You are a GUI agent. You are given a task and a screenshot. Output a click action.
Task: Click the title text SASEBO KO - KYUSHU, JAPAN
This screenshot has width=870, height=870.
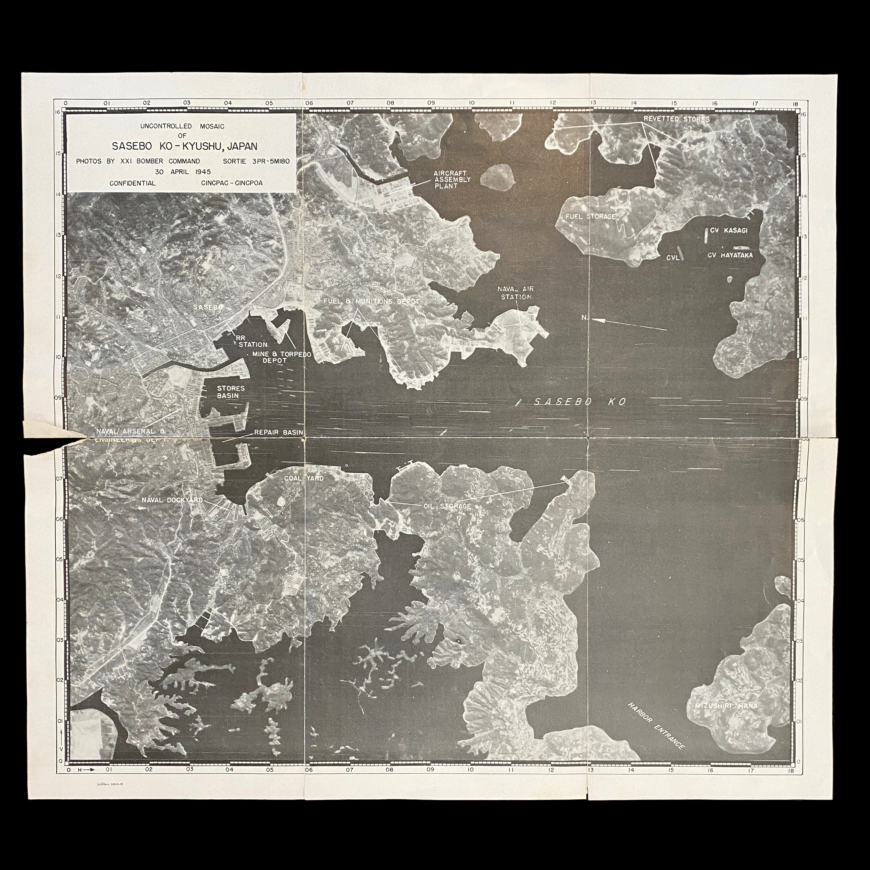coord(185,147)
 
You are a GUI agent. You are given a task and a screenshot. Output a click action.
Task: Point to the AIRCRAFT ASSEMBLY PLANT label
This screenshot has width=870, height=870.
coord(452,179)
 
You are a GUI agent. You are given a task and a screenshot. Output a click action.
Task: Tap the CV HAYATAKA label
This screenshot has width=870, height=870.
coord(729,255)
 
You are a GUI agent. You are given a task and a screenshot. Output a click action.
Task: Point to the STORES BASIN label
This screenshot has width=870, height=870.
coord(231,392)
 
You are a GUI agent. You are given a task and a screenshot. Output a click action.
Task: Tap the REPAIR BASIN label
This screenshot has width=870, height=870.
coord(278,432)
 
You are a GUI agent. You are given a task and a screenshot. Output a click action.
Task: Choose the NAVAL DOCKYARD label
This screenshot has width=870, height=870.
coord(172,500)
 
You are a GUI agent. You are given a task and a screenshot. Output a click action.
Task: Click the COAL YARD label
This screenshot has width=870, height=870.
coord(303,478)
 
